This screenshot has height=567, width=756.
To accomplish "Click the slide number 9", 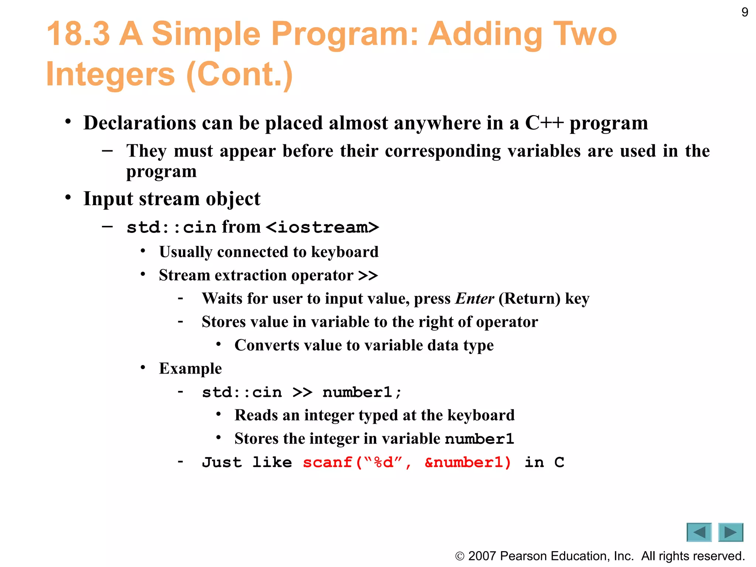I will pos(745,13).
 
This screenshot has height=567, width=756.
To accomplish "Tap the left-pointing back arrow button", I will pos(699,532).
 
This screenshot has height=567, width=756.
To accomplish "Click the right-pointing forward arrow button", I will pos(731,532).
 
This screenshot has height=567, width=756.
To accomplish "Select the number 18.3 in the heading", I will pos(78,34).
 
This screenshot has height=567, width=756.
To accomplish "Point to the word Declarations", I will pos(140,123).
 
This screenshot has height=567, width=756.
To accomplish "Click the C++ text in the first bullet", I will pos(544,123).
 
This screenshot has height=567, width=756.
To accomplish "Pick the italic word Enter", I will pos(474,299).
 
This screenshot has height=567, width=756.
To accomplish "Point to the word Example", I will pos(190,369).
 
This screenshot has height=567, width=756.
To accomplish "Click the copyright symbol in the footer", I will pos(460,556).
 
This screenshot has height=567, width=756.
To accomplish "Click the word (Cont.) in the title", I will pos(240,75).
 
